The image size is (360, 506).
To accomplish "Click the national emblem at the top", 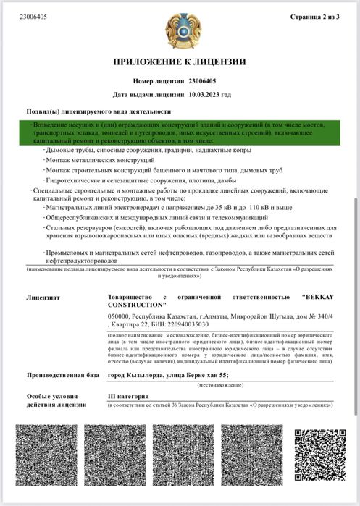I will [179, 30].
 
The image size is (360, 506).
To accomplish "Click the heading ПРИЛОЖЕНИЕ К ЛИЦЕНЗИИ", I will [179, 62].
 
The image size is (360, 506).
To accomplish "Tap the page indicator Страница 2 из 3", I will [319, 16].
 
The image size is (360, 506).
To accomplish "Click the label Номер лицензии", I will [159, 82].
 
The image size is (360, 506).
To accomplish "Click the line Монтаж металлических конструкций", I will [90, 159].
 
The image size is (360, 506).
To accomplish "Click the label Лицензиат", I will [43, 297].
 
